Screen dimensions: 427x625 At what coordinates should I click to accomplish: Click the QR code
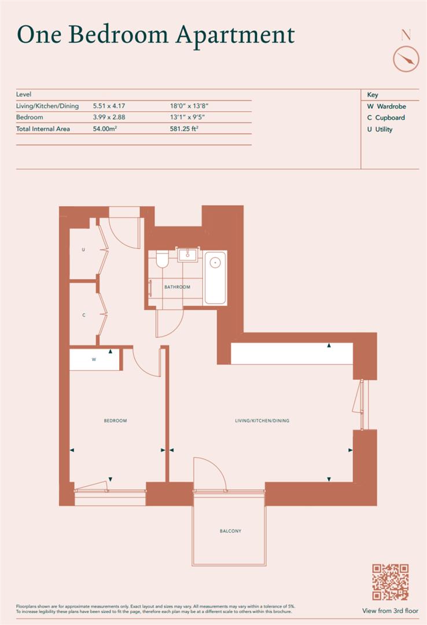[391, 582]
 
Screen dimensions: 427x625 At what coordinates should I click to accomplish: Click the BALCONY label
[230, 531]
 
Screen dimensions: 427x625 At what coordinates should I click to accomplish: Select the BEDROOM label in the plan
[115, 421]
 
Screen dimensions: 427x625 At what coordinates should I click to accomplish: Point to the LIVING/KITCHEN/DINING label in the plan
[262, 421]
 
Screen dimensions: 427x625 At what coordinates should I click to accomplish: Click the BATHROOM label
[178, 287]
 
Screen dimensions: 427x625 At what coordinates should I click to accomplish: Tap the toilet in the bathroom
[162, 259]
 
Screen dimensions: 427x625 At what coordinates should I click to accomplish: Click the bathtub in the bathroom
[215, 278]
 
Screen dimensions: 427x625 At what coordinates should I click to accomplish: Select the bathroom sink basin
[187, 255]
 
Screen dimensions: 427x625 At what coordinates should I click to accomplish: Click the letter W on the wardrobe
[94, 359]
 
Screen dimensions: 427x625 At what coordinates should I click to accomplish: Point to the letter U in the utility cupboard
[83, 250]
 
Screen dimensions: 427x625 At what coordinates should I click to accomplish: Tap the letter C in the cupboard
[84, 315]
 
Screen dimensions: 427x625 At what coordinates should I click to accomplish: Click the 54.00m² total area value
[105, 128]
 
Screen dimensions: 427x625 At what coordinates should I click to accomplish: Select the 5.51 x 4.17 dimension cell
[109, 106]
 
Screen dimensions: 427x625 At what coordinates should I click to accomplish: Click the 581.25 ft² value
[184, 128]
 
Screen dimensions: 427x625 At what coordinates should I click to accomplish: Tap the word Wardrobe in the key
[392, 106]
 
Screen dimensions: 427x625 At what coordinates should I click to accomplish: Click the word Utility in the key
[384, 129]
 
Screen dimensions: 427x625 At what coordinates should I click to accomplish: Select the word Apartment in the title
[235, 35]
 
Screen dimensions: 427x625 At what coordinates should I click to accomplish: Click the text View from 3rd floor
[391, 611]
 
